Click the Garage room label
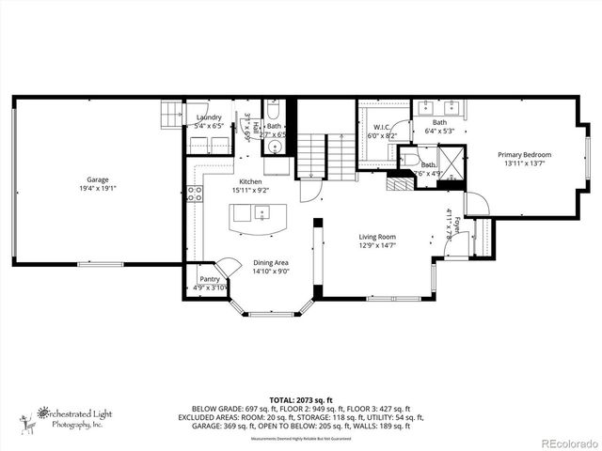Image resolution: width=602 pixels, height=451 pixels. coord(98,179)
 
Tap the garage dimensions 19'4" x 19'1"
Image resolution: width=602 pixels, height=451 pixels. coord(98,188)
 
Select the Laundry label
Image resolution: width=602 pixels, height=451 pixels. coord(209,117)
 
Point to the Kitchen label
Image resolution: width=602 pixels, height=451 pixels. coord(250,181)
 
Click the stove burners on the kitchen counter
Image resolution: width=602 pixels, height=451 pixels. coord(196,194)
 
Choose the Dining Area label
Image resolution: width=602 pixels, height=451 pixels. coord(270,263)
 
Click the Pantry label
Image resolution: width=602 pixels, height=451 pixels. coord(209,279)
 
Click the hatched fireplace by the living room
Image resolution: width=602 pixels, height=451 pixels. coord(401,183)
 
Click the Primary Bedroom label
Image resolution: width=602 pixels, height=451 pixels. coord(524,154)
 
